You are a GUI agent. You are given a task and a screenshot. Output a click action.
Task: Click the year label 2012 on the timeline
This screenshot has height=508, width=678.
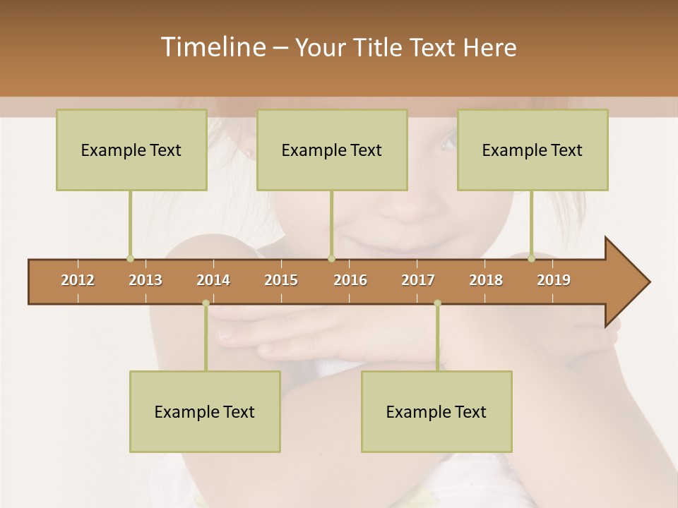[x=78, y=280]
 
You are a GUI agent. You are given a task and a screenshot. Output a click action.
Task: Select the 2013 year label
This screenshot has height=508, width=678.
[x=145, y=280]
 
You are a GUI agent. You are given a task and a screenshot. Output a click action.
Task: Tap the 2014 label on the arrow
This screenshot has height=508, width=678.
[x=213, y=280]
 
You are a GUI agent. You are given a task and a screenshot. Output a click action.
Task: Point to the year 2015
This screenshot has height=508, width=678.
[x=281, y=280]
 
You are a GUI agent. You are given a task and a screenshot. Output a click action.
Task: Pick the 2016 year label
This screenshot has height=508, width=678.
[x=350, y=280]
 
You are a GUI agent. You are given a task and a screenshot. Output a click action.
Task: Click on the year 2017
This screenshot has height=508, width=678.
[x=418, y=280]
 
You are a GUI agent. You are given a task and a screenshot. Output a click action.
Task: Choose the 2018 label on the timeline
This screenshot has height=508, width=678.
[x=486, y=280]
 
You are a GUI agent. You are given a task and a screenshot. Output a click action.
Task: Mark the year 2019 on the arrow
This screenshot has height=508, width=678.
[x=554, y=280]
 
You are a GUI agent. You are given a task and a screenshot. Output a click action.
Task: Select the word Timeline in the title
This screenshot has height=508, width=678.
[x=212, y=47]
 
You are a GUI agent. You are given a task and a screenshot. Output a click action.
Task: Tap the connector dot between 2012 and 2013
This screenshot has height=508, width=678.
[x=130, y=259]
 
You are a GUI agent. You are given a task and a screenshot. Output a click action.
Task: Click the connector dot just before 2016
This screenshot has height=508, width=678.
[x=331, y=259]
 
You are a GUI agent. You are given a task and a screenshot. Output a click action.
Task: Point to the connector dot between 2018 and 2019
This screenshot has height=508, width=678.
[x=532, y=259]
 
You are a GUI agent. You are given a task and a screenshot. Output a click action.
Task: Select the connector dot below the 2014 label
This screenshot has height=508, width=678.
[x=206, y=303]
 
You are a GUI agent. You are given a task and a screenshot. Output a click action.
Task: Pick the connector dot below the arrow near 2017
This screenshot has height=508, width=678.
[x=437, y=303]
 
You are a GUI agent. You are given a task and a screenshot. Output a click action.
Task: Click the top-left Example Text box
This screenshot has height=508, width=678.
[x=131, y=150]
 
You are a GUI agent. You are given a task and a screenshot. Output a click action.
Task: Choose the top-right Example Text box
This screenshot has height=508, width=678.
[x=533, y=150]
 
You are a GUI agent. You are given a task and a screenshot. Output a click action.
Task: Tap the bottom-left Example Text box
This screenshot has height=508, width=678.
[x=205, y=411]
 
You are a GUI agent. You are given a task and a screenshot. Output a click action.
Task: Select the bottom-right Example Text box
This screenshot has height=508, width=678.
[x=436, y=411]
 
